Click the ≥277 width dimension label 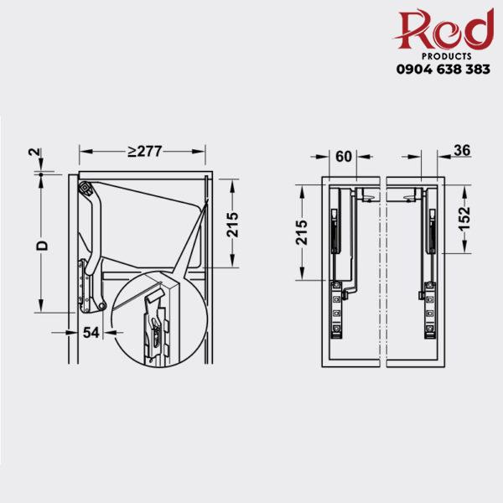(x=144, y=152)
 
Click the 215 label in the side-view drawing (x=234, y=224)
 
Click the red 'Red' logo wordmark (x=443, y=31)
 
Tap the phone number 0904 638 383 (x=443, y=70)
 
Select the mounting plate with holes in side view (x=84, y=285)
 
